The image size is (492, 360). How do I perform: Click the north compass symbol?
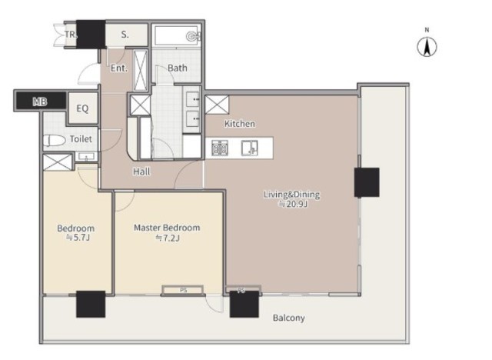pyautogui.click(x=427, y=47)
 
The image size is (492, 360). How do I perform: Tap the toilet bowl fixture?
pyautogui.click(x=55, y=141)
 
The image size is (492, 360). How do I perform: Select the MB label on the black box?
pyautogui.click(x=40, y=102)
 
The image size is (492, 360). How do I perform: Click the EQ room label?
pyautogui.click(x=82, y=108)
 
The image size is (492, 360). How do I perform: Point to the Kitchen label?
pyautogui.click(x=240, y=124)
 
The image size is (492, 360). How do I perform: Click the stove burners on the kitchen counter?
pyautogui.click(x=220, y=148)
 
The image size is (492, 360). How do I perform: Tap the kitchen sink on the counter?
pyautogui.click(x=249, y=148)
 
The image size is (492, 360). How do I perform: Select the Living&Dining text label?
pyautogui.click(x=292, y=195)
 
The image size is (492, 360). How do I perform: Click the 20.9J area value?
pyautogui.click(x=294, y=205)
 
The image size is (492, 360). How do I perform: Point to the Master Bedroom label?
pyautogui.click(x=167, y=228)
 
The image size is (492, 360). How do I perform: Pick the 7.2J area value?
pyautogui.click(x=168, y=238)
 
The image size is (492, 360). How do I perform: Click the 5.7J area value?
pyautogui.click(x=78, y=238)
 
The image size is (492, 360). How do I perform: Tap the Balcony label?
pyautogui.click(x=289, y=318)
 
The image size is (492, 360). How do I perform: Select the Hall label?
pyautogui.click(x=141, y=172)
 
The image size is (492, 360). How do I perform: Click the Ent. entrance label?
pyautogui.click(x=119, y=68)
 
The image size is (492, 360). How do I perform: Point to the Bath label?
pyautogui.click(x=178, y=68)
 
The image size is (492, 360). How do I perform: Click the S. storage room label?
pyautogui.click(x=125, y=35)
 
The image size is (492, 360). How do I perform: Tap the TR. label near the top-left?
pyautogui.click(x=71, y=34)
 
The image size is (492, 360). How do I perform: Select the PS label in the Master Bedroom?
pyautogui.click(x=184, y=290)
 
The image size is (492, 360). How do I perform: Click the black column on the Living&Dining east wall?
pyautogui.click(x=367, y=182)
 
